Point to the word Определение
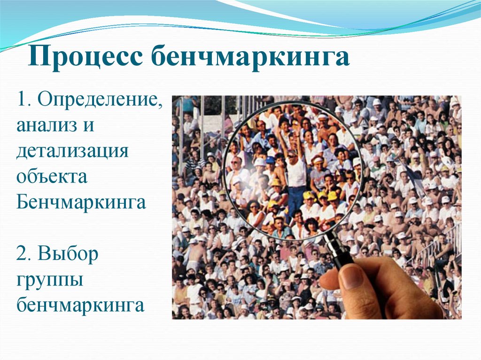click(x=100, y=100)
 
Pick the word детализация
click(x=73, y=152)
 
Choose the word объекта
click(x=51, y=177)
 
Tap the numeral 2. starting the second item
click(x=26, y=254)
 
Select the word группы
click(x=50, y=281)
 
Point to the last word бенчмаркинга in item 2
click(x=80, y=306)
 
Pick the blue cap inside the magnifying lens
click(x=270, y=160)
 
